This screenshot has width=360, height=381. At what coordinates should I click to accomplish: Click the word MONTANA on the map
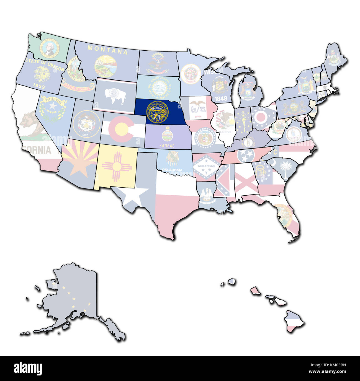click(107, 50)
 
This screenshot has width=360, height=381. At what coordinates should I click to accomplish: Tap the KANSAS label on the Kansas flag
click(167, 146)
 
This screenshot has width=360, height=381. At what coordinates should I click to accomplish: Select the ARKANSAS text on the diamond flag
click(204, 166)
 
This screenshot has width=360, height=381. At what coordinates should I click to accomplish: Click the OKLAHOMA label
click(172, 170)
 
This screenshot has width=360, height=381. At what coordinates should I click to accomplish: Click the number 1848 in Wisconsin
click(221, 98)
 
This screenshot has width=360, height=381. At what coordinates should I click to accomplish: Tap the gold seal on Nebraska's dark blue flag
click(157, 112)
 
